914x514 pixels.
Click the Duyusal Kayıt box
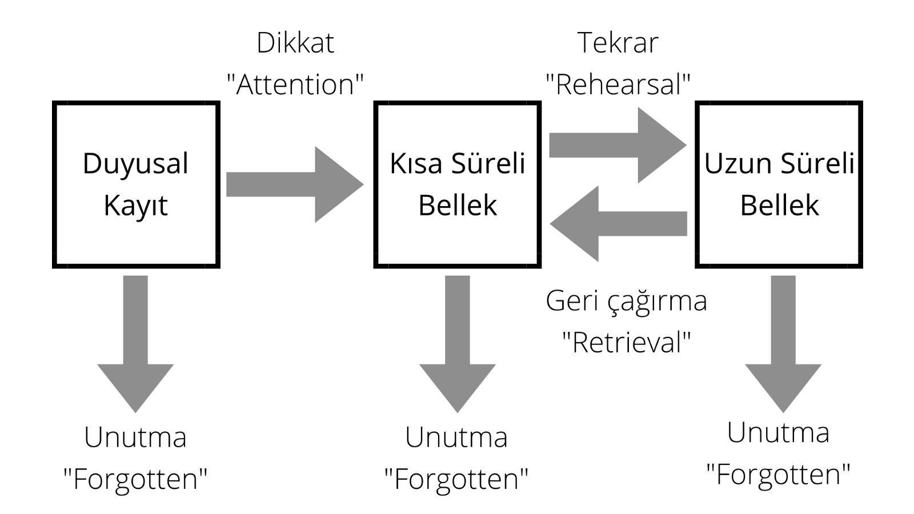click(x=136, y=184)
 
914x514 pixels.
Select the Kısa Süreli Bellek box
click(x=457, y=184)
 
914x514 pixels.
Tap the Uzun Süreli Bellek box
click(x=779, y=184)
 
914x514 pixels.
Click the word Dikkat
click(x=295, y=43)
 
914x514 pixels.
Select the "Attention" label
click(x=295, y=85)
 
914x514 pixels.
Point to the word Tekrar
click(x=618, y=43)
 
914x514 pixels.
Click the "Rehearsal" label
click(x=618, y=85)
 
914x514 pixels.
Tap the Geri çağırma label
click(x=626, y=301)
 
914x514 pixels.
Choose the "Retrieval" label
click(x=626, y=343)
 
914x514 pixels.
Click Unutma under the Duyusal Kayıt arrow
click(x=135, y=437)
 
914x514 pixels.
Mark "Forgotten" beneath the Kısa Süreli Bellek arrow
click(x=456, y=479)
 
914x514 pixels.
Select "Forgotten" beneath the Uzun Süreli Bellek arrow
click(x=778, y=474)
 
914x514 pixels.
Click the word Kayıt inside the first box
click(x=136, y=206)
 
